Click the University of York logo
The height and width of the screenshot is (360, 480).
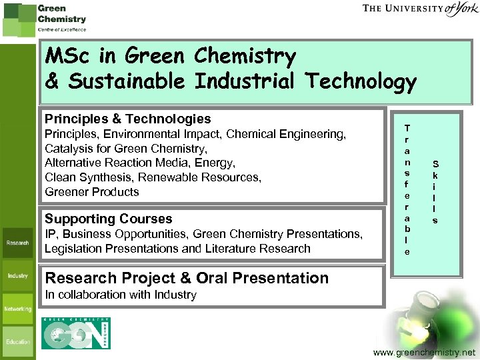click(420, 9)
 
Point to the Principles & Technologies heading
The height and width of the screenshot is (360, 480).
click(127, 119)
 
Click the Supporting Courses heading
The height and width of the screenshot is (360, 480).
click(108, 219)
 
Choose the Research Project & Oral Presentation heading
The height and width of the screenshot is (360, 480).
click(186, 278)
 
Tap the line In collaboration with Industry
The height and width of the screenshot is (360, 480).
click(121, 295)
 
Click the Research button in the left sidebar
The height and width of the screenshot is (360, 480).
click(18, 243)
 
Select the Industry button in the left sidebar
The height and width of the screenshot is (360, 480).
click(18, 276)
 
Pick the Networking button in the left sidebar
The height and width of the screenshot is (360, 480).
click(18, 309)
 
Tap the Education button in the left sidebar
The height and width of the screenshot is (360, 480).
click(18, 342)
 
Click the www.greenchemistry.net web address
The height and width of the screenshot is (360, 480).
click(425, 351)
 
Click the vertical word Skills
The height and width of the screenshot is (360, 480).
click(435, 191)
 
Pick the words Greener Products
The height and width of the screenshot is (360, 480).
click(92, 192)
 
